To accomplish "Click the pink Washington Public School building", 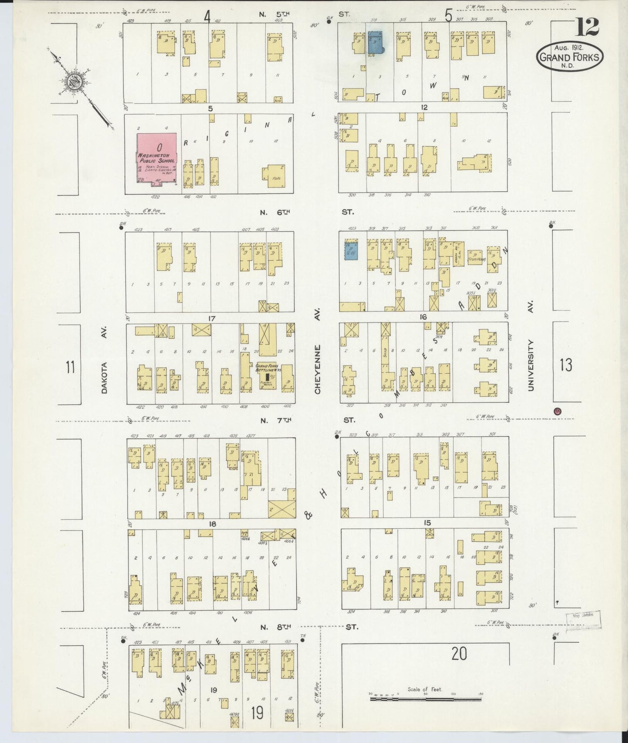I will click(x=157, y=159).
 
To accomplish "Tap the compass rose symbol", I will click(x=73, y=80).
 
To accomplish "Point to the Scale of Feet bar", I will click(x=425, y=699).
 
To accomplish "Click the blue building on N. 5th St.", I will click(x=375, y=43).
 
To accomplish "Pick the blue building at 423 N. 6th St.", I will click(x=351, y=251).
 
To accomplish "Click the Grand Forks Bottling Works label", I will click(x=269, y=368).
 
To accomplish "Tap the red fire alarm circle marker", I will click(x=558, y=411).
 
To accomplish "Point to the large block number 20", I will click(x=459, y=653).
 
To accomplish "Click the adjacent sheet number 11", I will click(x=70, y=367).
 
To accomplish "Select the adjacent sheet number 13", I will click(x=566, y=365).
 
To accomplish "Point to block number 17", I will click(x=211, y=318).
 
